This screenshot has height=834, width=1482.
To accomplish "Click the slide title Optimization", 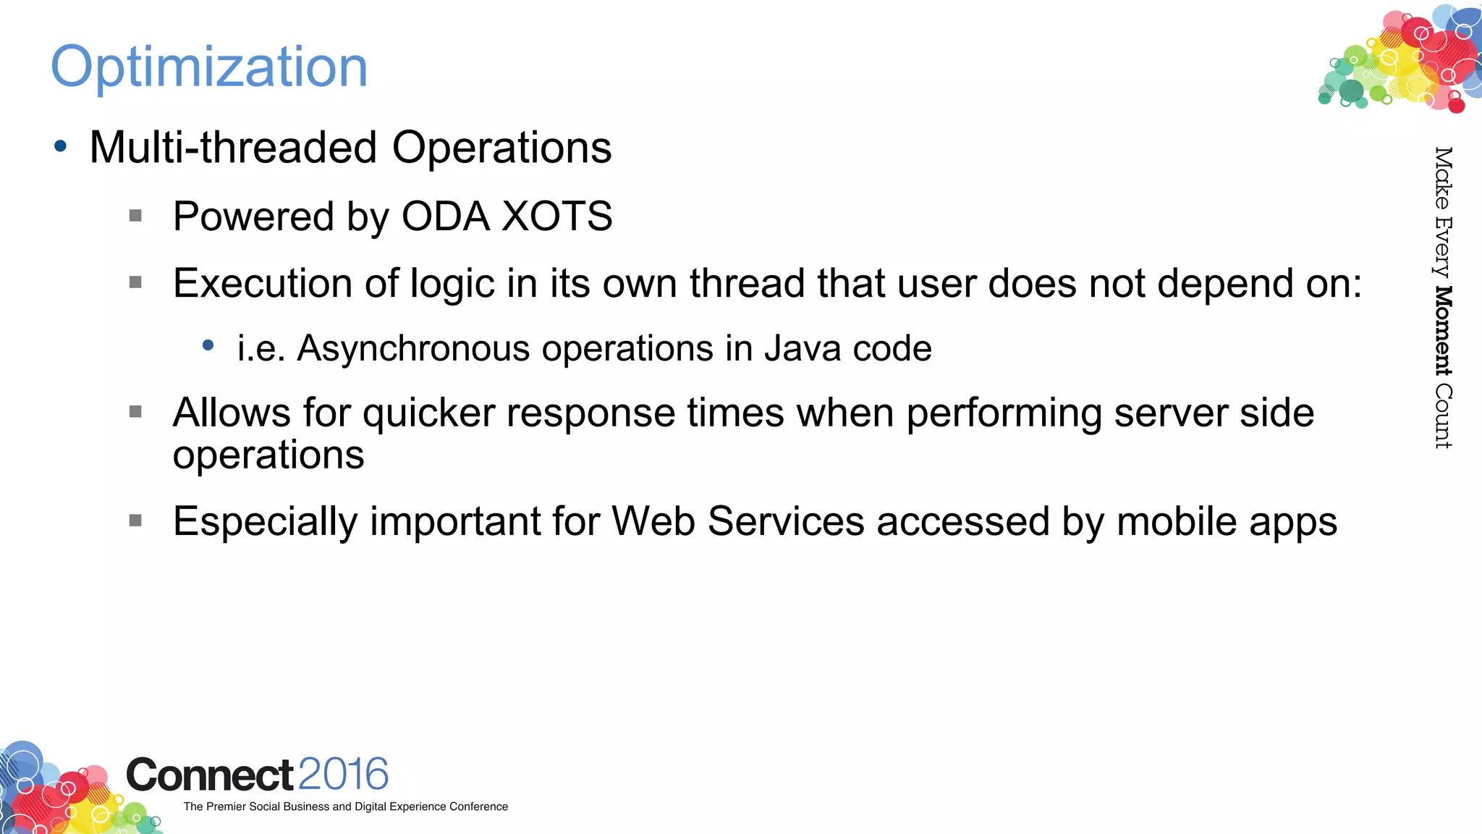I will coord(209,67).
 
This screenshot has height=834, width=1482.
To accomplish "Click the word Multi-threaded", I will coord(233,148).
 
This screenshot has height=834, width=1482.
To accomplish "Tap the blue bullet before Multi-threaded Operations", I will coord(61,147).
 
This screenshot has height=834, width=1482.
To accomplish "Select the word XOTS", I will coord(557,216).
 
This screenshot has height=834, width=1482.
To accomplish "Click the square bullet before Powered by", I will coord(135,216).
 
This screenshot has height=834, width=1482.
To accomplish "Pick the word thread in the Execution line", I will coord(748,283).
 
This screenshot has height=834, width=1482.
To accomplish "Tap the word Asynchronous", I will coord(413,348).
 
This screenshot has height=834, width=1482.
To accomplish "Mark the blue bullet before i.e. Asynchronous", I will coord(208,345).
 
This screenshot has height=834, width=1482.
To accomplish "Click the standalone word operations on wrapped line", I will coord(268,455).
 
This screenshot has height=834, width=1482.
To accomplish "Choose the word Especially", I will coord(266,522).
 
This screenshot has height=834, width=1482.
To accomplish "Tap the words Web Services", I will coord(738,521).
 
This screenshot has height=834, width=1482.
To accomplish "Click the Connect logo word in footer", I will coord(210,775).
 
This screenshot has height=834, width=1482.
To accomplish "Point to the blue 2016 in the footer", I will coord(343,774).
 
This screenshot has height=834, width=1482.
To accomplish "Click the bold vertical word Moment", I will coord(1443,332).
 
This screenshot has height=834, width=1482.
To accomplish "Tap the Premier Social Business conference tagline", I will coord(345,806).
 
